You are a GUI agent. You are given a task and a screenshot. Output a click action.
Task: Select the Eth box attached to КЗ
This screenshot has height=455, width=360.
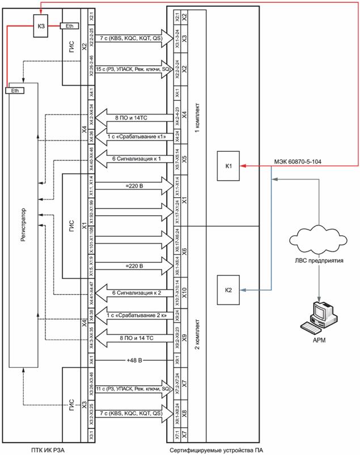pyautogui.click(x=69, y=26)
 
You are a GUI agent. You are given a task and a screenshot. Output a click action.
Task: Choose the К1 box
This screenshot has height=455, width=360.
pyautogui.click(x=228, y=167)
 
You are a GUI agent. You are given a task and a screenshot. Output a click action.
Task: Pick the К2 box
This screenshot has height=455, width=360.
pyautogui.click(x=228, y=291)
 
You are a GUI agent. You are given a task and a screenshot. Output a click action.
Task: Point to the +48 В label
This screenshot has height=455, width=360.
pyautogui.click(x=130, y=360)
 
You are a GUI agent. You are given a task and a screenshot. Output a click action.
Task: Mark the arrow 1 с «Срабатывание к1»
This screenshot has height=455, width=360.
pyautogui.click(x=130, y=137)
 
